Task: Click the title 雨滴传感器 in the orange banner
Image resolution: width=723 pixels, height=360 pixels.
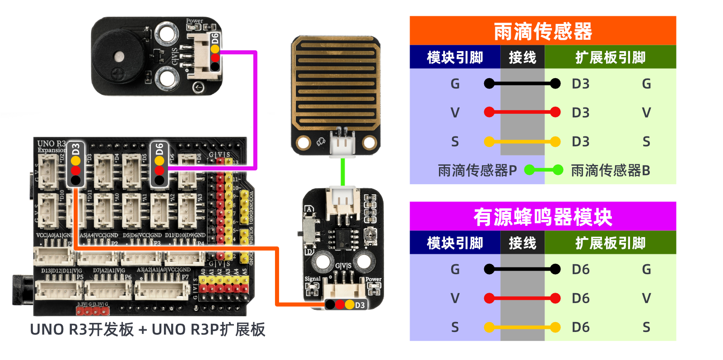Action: click(542, 31)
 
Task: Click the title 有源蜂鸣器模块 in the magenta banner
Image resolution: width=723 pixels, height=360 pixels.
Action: click(542, 217)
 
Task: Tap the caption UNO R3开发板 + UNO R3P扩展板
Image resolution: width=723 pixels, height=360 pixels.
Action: click(148, 330)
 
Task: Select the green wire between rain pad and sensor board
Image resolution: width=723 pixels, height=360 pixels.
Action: click(343, 172)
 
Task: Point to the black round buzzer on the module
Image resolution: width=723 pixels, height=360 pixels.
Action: click(118, 56)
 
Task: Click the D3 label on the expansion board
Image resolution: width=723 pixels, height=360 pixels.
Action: click(75, 149)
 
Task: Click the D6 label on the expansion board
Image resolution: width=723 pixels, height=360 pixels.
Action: click(159, 149)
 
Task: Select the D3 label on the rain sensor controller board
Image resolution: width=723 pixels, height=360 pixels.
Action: click(359, 305)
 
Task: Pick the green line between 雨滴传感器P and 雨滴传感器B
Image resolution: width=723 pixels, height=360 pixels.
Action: click(544, 170)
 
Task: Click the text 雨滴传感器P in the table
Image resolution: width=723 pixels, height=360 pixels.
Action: click(477, 170)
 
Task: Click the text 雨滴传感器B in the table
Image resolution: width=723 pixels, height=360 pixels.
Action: click(610, 170)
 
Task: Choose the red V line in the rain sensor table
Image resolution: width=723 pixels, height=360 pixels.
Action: click(522, 112)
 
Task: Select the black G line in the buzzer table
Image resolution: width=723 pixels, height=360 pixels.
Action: click(522, 269)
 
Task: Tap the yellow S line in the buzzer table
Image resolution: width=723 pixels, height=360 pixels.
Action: click(522, 327)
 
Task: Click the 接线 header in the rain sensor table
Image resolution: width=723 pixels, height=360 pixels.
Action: click(522, 57)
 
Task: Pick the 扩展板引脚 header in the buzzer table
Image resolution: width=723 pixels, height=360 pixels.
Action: click(610, 243)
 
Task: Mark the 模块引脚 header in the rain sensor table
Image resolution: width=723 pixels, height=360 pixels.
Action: click(455, 57)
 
